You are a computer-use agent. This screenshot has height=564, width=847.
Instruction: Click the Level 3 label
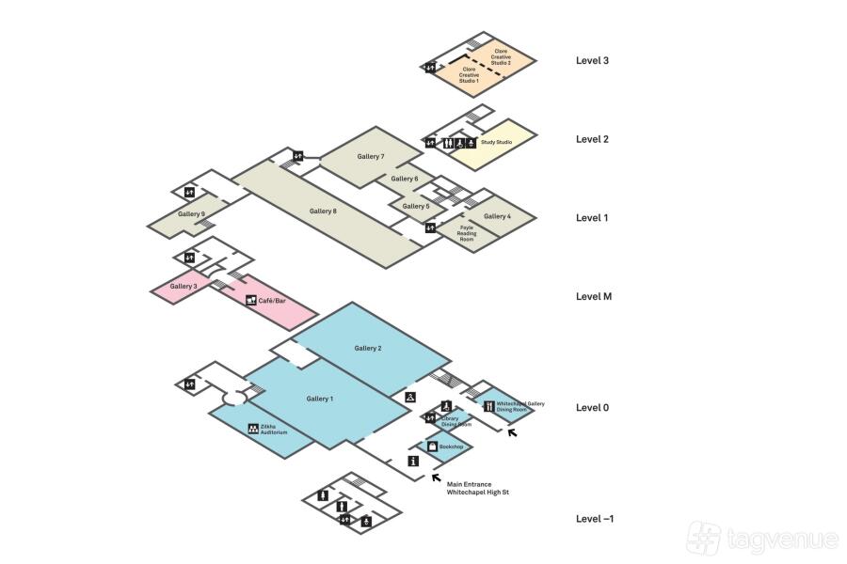click(592, 61)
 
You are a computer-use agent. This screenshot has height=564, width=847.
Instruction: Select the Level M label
click(593, 297)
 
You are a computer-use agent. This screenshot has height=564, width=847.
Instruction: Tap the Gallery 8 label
click(322, 211)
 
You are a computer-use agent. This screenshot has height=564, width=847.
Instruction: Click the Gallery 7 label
click(371, 156)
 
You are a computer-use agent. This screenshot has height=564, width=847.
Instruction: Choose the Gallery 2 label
click(368, 349)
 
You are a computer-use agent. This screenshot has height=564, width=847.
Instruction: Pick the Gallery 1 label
click(319, 399)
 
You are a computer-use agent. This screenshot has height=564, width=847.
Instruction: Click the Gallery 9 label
click(191, 214)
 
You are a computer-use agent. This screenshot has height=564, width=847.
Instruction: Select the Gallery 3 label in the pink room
click(184, 286)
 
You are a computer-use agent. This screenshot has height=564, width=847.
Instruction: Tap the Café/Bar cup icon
click(250, 300)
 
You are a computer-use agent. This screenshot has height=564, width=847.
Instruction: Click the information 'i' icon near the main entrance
click(412, 461)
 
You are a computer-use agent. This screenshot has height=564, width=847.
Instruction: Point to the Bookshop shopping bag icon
click(432, 446)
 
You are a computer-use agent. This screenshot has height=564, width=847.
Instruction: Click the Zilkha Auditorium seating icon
click(253, 429)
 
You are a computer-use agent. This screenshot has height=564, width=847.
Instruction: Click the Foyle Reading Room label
click(466, 233)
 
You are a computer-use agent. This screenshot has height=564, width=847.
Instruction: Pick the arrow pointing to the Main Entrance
click(436, 477)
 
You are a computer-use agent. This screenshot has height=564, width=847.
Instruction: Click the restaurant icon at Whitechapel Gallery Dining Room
click(488, 406)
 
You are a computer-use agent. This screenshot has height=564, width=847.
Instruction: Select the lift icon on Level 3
click(430, 67)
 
